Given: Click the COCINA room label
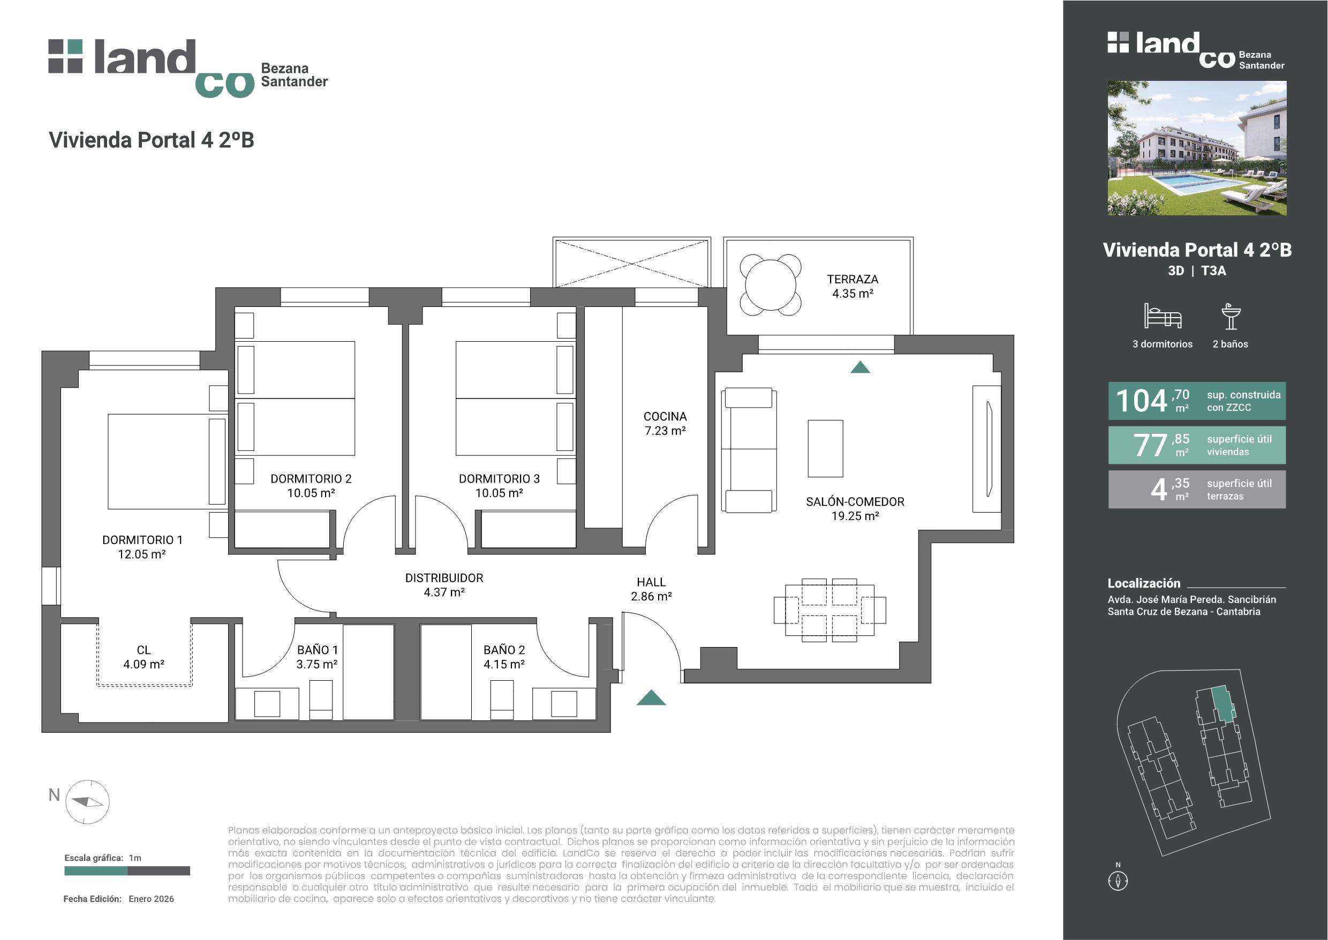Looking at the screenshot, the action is pyautogui.click(x=665, y=416).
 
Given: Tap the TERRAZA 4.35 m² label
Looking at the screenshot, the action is pyautogui.click(x=852, y=287).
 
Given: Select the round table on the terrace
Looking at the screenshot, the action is pyautogui.click(x=771, y=285).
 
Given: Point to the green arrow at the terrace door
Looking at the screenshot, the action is pyautogui.click(x=861, y=367).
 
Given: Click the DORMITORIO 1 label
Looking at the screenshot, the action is pyautogui.click(x=142, y=540).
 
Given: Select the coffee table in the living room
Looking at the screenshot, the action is pyautogui.click(x=825, y=449).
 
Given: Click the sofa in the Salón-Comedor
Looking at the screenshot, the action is pyautogui.click(x=749, y=450).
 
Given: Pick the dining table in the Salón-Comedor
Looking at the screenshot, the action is pyautogui.click(x=829, y=610).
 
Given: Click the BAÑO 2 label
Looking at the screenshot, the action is pyautogui.click(x=504, y=650).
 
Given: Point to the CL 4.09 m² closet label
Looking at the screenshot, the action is pyautogui.click(x=144, y=657).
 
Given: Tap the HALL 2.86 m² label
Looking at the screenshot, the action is pyautogui.click(x=651, y=589).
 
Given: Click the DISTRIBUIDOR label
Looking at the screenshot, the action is pyautogui.click(x=444, y=578).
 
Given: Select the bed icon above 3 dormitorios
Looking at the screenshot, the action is pyautogui.click(x=1163, y=316).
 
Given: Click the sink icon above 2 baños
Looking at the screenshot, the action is pyautogui.click(x=1231, y=316).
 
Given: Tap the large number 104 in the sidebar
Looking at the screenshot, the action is pyautogui.click(x=1141, y=401).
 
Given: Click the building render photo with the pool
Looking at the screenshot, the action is pyautogui.click(x=1197, y=148).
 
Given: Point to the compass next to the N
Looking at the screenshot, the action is pyautogui.click(x=87, y=802).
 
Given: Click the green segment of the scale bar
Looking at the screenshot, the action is pyautogui.click(x=95, y=871).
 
